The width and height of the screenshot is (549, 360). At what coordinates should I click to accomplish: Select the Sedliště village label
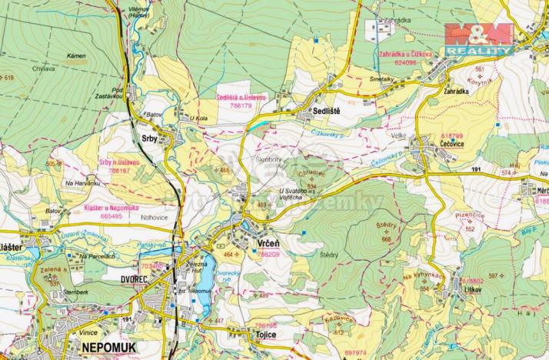326,112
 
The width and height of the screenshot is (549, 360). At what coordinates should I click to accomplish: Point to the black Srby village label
150,138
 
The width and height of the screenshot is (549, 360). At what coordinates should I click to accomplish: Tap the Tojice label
261,335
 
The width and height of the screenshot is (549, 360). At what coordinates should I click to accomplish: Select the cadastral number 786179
241,105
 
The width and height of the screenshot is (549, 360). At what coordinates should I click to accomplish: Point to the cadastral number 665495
111,217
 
